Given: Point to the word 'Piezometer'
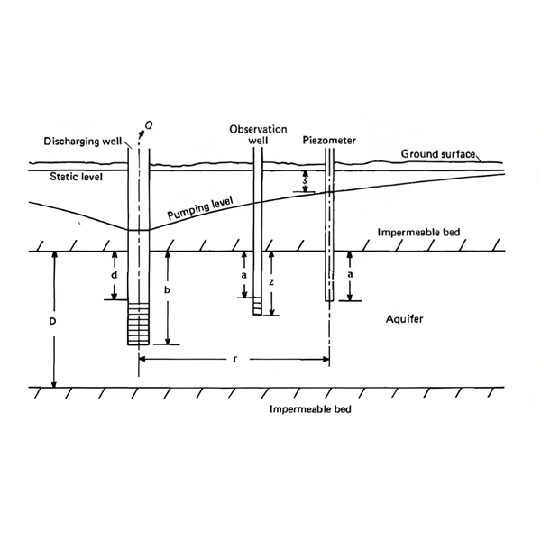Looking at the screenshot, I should tap(329, 141).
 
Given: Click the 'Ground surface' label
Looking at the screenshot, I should tap(437, 154).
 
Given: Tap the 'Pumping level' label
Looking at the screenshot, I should tap(197, 214).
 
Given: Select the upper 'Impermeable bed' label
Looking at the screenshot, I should tap(418, 233).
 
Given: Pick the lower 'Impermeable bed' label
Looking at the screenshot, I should tap(311, 408).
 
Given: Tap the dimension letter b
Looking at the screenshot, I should tap(167, 290).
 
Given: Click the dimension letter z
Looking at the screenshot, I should tap(272, 281).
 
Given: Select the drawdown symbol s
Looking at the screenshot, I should tap(307, 181).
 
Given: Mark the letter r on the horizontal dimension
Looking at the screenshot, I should tap(235, 359).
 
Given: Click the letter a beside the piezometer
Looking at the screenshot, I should tap(351, 272).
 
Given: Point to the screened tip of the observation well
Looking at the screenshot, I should tap(258, 307).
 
